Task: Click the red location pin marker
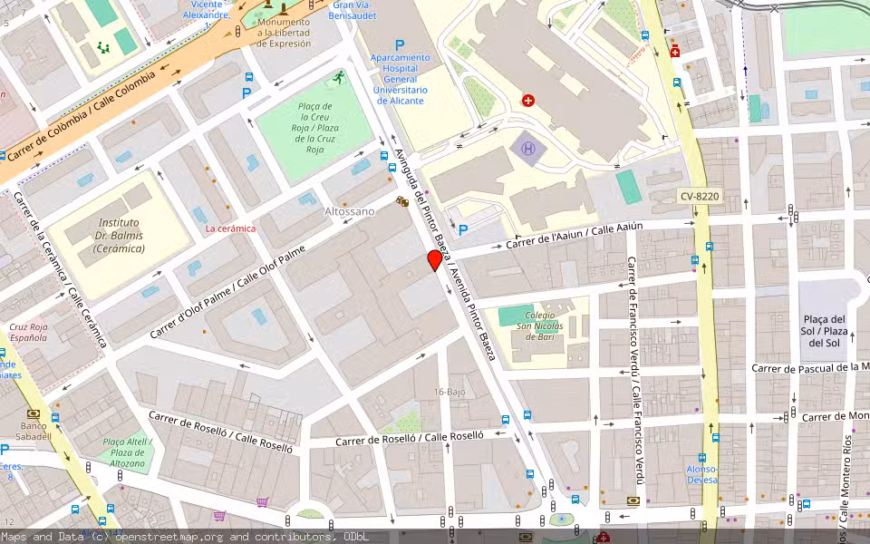click(x=435, y=261)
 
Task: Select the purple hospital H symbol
click(x=524, y=148)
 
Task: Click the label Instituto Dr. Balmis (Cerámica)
click(x=119, y=235)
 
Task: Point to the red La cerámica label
click(x=230, y=228)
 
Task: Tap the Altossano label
click(x=349, y=211)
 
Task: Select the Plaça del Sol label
click(x=825, y=331)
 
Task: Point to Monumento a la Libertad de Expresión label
click(x=284, y=33)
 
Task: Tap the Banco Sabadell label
click(x=34, y=432)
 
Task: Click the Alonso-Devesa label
click(x=701, y=474)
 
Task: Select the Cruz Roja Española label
click(x=28, y=332)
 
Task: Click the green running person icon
click(x=338, y=78)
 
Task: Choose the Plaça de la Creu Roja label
click(x=315, y=128)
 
